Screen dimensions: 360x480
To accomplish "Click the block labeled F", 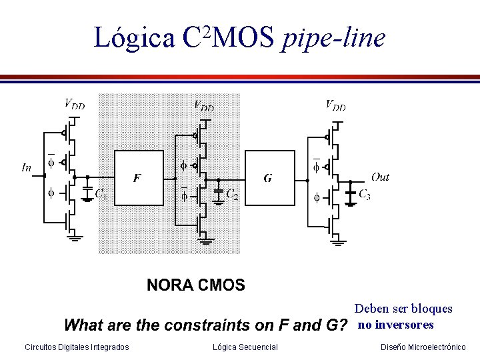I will click(x=139, y=179).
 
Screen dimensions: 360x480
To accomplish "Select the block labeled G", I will click(x=269, y=179).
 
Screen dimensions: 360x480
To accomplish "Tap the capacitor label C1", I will click(x=102, y=195).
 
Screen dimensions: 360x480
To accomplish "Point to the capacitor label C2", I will click(x=232, y=195).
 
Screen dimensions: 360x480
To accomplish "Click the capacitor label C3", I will click(x=365, y=195).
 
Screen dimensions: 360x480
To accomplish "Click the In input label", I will click(x=27, y=167).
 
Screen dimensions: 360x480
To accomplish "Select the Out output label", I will click(x=380, y=177).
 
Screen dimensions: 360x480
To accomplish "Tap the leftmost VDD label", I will click(x=74, y=103).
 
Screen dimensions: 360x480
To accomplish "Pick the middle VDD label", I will click(x=203, y=105).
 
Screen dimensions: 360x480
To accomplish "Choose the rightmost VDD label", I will click(x=335, y=105).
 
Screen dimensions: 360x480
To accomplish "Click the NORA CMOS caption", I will click(x=196, y=286).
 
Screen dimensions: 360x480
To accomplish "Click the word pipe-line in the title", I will click(x=334, y=38).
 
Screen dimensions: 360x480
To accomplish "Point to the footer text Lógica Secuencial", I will click(x=245, y=347).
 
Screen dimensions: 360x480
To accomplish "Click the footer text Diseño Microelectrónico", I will click(x=423, y=347).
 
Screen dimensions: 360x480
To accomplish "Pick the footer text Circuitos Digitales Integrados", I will click(x=77, y=347).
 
